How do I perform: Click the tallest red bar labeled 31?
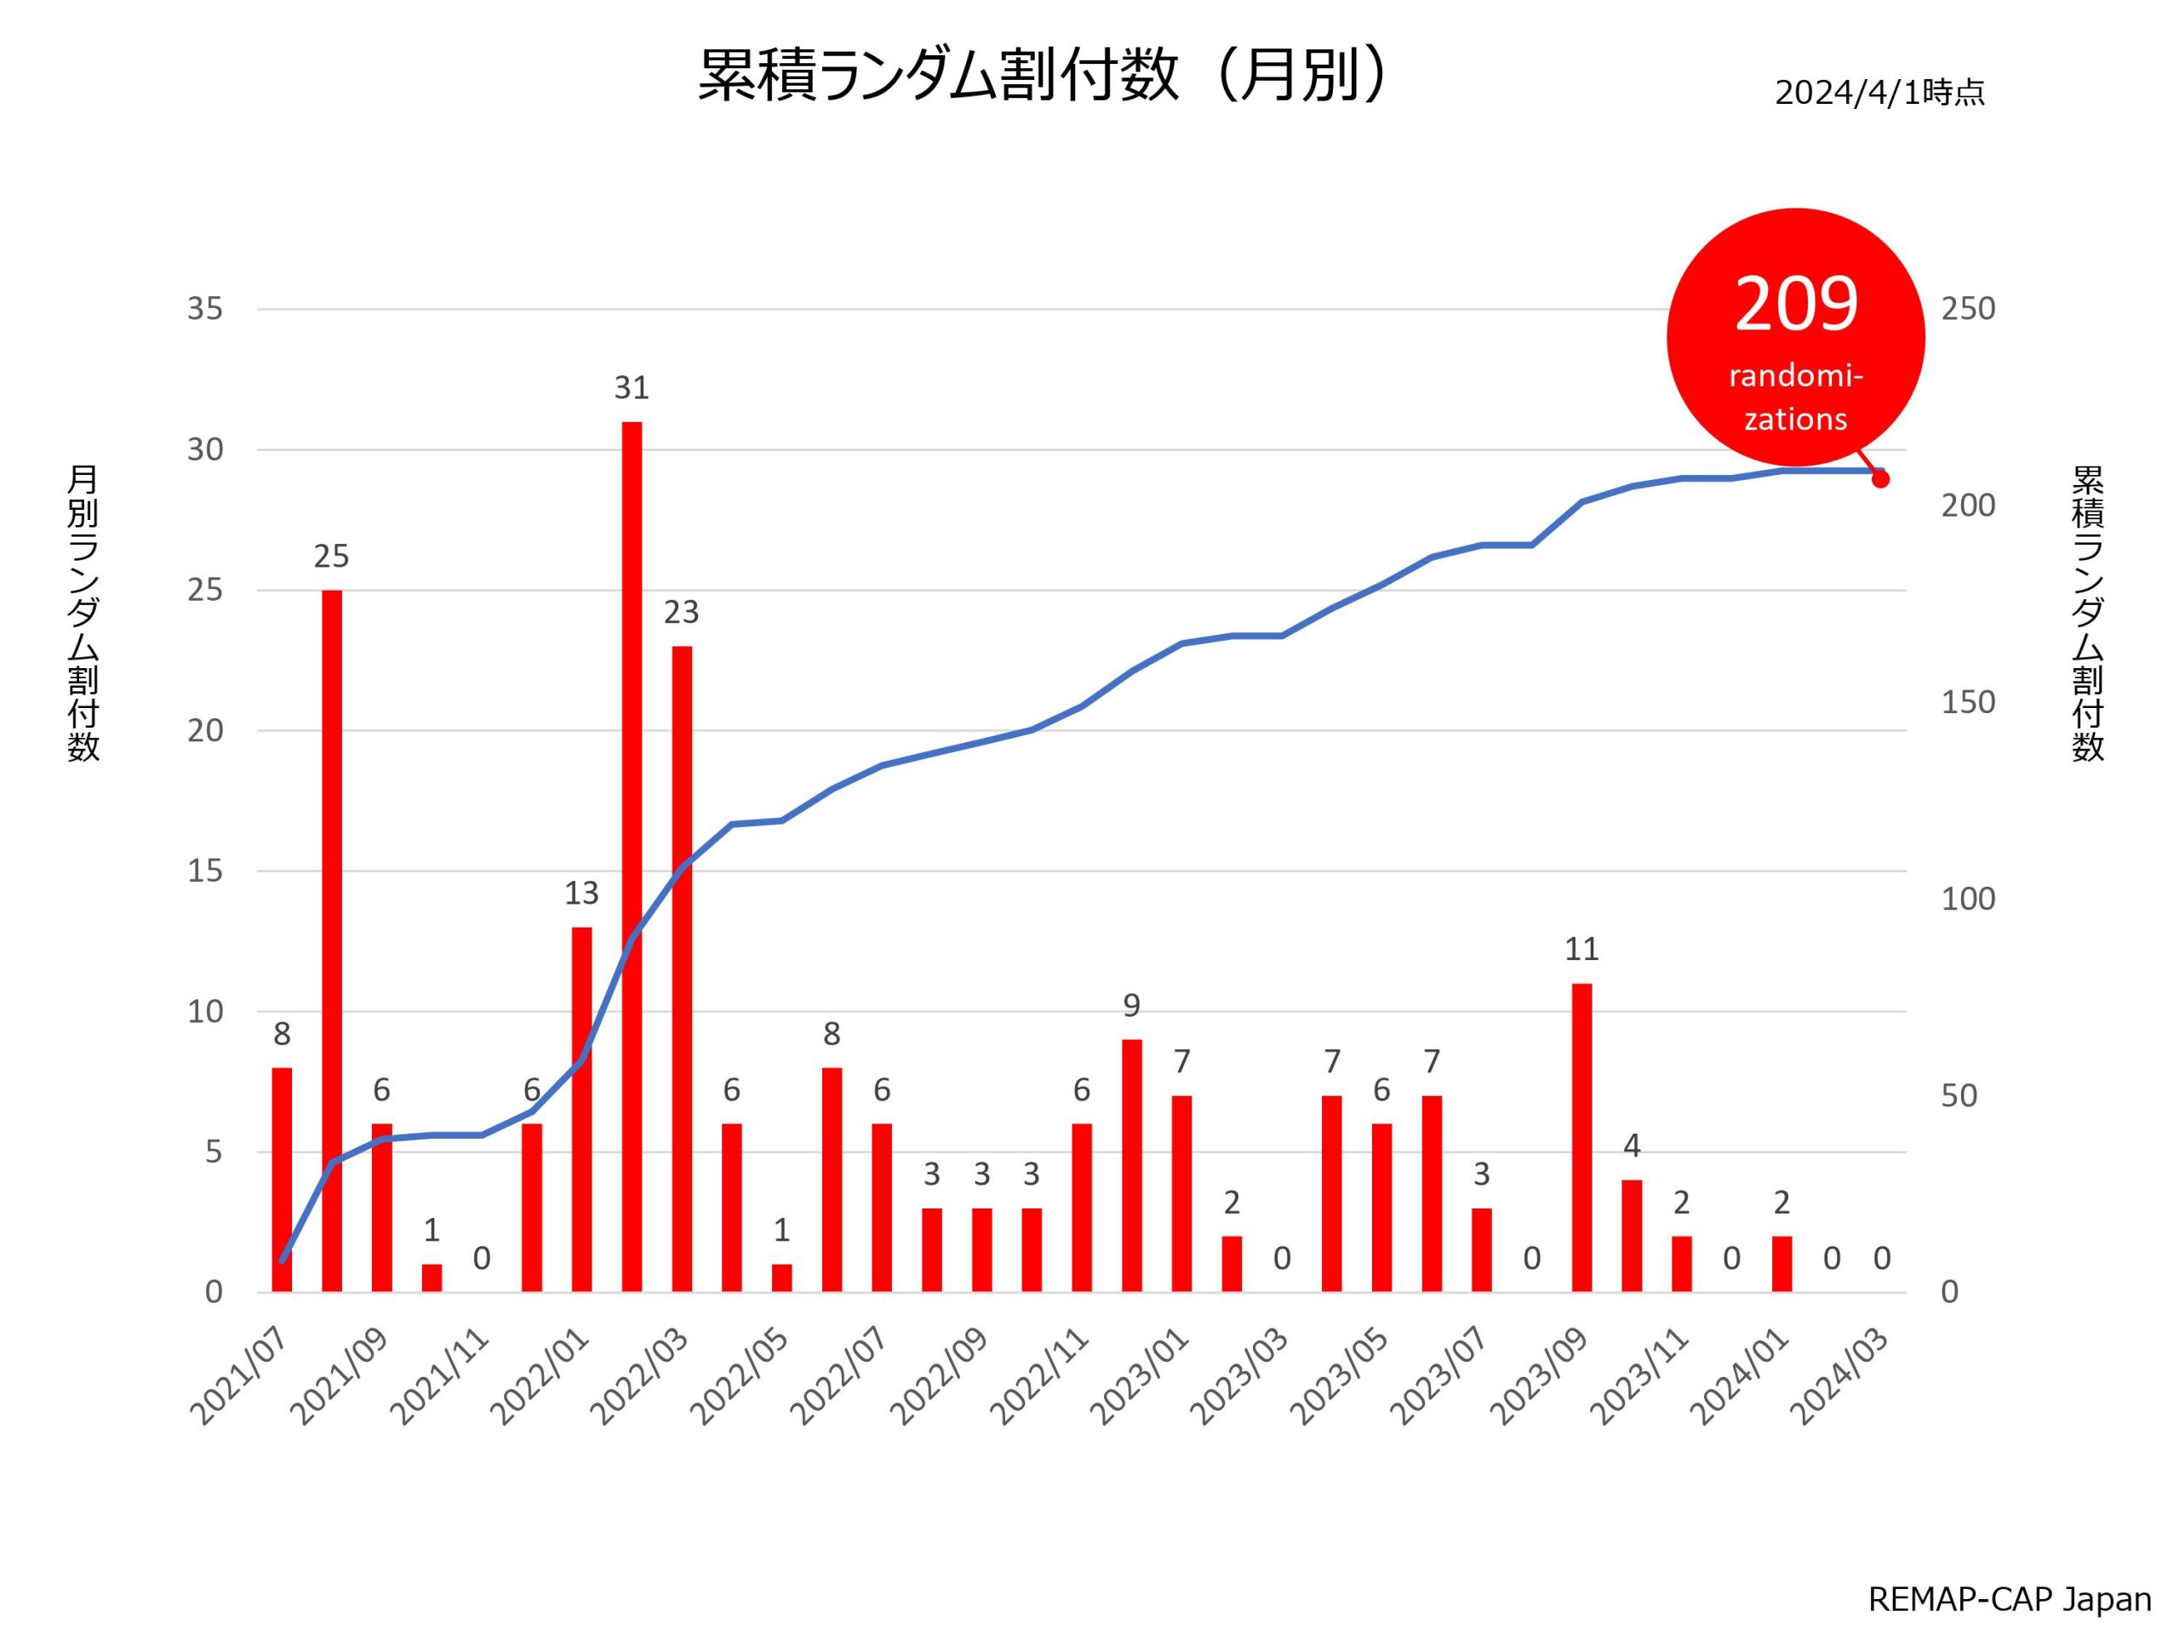point(632,857)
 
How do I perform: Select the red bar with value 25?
point(332,940)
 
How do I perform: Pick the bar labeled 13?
point(581,1109)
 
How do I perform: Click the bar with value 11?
point(1581,1138)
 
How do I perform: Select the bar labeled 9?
point(1132,1165)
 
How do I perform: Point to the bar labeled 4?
point(1632,1235)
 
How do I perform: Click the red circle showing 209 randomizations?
point(1795,337)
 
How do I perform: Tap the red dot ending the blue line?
point(1879,480)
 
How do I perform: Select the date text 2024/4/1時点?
point(1879,93)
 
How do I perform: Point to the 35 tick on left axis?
point(205,309)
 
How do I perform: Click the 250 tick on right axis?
point(1967,309)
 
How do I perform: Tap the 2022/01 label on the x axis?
point(540,1377)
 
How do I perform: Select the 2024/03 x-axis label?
point(1839,1377)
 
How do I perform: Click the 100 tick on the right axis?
point(1967,898)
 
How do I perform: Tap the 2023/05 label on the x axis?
point(1340,1377)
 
